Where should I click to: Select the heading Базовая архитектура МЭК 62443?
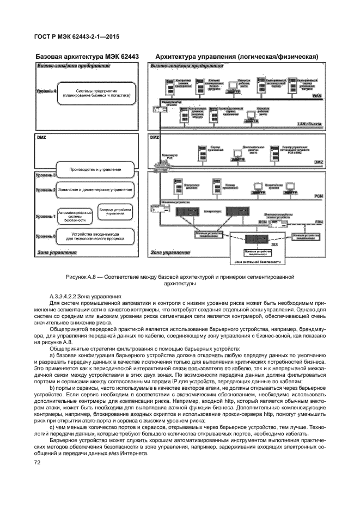pyautogui.click(x=88, y=56)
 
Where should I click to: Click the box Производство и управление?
pyautogui.click(x=96, y=169)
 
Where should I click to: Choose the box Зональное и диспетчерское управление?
pyautogui.click(x=96, y=190)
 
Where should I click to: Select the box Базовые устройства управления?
pyautogui.click(x=114, y=212)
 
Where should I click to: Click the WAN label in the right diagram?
pyautogui.click(x=317, y=95)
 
